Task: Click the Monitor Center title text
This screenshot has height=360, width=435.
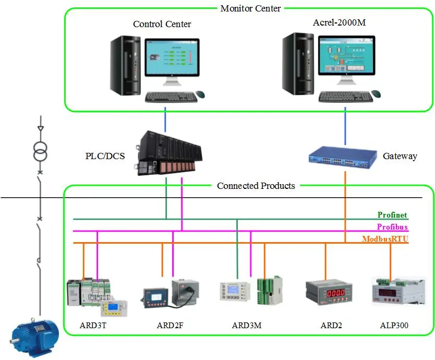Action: coord(250,8)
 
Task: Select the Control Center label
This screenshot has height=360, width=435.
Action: coord(162,24)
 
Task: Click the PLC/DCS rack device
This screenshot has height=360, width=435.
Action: coord(166,153)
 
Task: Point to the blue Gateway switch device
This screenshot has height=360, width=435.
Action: coord(342,155)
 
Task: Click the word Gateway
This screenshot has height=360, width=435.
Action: coord(400,156)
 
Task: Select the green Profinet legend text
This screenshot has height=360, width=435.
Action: coord(392,215)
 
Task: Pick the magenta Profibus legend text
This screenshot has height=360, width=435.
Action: coord(392,227)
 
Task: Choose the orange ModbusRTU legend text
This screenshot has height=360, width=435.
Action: coord(385,239)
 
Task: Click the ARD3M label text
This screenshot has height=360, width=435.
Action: coord(246,326)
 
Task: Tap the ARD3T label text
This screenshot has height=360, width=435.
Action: coord(94,326)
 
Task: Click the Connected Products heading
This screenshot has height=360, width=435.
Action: coord(256,186)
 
